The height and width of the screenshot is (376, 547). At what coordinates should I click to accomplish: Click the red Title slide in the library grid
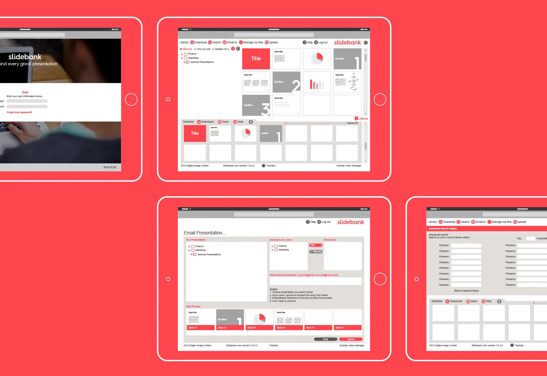256,59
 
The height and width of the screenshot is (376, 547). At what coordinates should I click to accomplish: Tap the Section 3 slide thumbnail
256,105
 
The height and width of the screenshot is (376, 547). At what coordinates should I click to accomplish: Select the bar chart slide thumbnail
317,82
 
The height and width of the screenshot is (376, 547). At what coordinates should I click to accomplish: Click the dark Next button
325,339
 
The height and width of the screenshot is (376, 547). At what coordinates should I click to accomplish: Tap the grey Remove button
316,252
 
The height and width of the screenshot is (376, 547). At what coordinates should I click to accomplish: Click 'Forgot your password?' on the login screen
19,112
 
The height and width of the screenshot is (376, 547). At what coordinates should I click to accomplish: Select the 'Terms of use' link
110,167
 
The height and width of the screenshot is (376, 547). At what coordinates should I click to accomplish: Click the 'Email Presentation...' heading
204,233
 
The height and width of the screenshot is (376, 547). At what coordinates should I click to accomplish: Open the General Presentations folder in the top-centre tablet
202,62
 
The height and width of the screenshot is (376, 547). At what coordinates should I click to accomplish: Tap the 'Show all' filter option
187,49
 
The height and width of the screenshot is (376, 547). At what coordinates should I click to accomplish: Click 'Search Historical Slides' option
466,291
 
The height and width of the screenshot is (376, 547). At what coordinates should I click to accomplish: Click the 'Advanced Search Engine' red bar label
443,229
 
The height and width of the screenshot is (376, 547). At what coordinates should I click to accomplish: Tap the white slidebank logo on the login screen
25,57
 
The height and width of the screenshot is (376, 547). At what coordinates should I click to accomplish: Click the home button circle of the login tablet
131,99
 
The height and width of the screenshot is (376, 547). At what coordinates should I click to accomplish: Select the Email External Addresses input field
315,281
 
